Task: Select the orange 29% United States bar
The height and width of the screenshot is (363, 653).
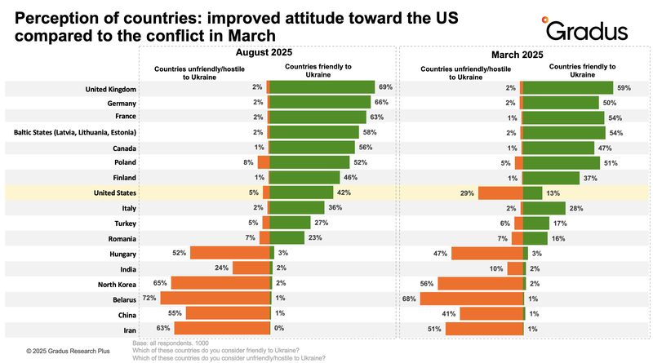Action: point(500,193)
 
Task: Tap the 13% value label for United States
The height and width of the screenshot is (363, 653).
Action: point(553,193)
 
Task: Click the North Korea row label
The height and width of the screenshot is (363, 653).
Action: point(113,283)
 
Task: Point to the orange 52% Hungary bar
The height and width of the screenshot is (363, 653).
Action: point(230,253)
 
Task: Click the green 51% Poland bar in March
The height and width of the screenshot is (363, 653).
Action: point(562,163)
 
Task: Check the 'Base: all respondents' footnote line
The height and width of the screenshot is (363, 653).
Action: point(171,343)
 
